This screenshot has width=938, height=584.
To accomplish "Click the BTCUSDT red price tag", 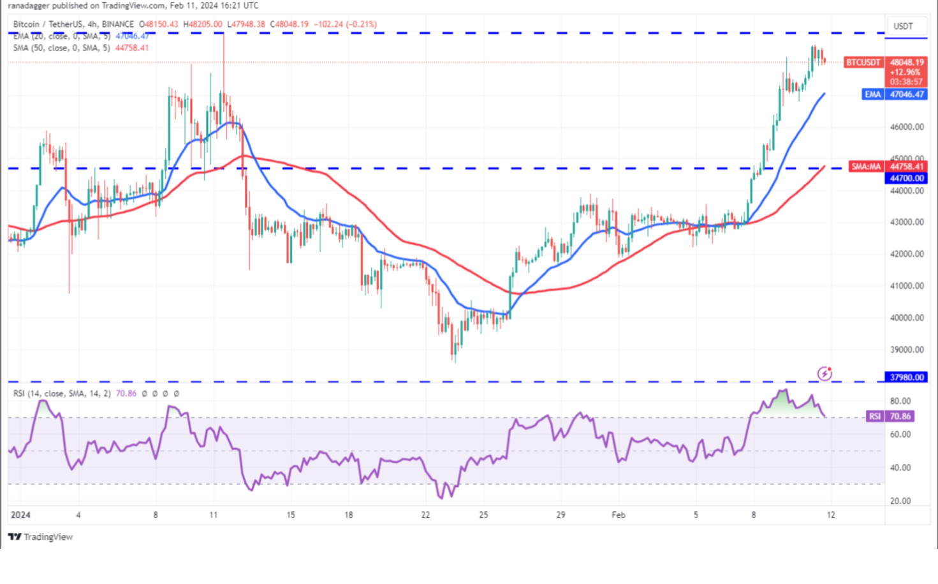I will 863,63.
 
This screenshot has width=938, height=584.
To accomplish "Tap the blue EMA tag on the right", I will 872,94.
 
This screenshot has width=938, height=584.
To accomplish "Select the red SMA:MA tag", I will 866,167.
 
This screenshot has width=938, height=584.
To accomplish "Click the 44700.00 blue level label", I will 906,178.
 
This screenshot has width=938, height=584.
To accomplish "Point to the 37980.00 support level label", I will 906,377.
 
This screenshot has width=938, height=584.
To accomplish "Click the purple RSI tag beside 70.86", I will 874,416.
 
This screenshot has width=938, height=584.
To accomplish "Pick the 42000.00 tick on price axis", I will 906,254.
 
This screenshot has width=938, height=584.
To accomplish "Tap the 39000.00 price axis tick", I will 906,350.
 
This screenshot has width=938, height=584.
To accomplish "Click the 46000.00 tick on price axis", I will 906,127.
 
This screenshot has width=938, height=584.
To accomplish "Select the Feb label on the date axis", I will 618,514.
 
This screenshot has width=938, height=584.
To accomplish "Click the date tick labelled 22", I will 425,514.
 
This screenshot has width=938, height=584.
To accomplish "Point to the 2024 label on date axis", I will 20,514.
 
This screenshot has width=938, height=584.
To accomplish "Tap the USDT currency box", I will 903,26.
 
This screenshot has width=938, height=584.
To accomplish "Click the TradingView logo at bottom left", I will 41,537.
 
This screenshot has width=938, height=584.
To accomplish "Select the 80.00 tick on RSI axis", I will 900,401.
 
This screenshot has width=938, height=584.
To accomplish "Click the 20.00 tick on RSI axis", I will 900,501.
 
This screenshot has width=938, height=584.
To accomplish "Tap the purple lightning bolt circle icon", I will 824,373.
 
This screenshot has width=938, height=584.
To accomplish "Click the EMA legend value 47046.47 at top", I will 132,36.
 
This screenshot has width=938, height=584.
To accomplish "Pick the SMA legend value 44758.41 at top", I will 132,48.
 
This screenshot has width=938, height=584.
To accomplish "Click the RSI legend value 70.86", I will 126,394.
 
